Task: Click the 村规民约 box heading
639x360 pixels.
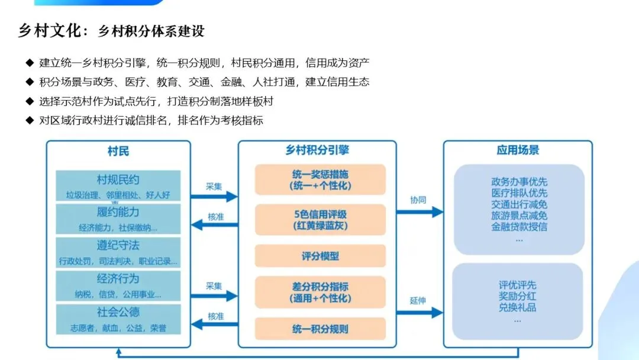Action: [118, 180]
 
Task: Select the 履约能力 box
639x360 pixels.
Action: [118, 219]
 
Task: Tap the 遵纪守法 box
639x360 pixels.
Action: [118, 252]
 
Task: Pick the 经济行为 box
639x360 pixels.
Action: [118, 285]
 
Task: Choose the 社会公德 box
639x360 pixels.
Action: [118, 319]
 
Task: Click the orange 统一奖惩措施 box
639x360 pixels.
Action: [320, 180]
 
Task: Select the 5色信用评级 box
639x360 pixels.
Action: [320, 219]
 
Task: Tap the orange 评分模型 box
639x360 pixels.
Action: [320, 256]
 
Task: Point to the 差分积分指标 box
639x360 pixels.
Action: [320, 292]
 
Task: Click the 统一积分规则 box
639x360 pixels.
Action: [320, 329]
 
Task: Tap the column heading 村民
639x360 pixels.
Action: [118, 151]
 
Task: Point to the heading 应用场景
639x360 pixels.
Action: [518, 150]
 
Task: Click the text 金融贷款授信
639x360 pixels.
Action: [519, 227]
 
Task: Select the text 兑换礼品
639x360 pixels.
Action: [518, 307]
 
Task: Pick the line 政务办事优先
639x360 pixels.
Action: [519, 182]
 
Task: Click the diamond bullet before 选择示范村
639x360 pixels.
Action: [30, 101]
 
